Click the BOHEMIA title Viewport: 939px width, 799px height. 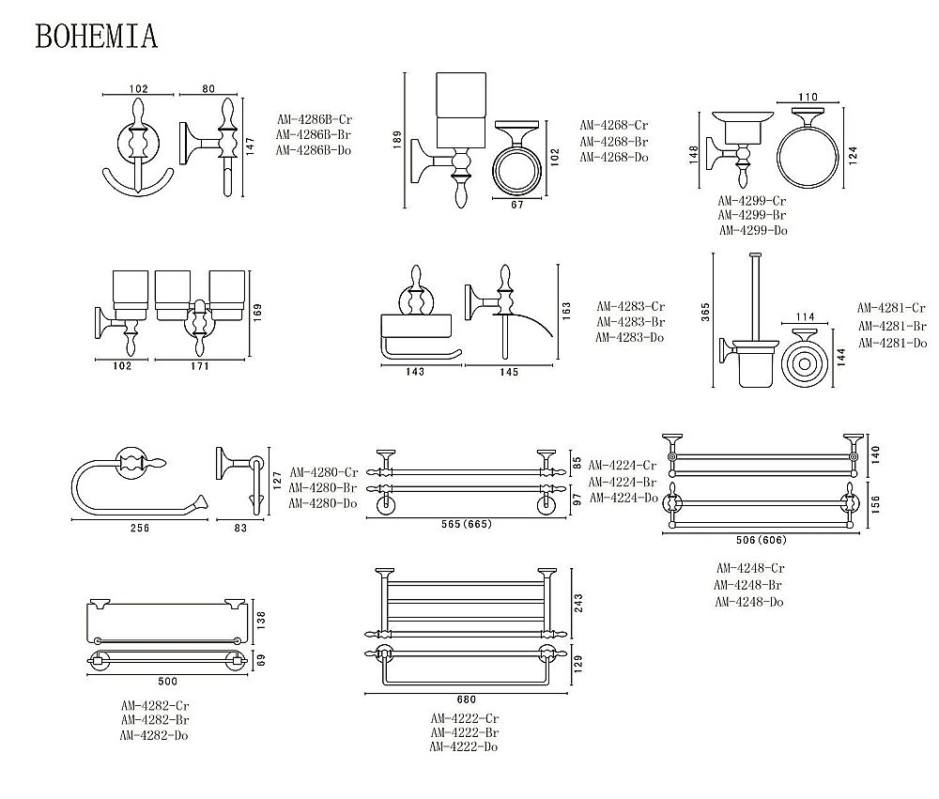click(96, 36)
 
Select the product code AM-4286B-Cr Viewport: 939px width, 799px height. click(314, 119)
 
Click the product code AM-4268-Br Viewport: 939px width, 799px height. click(614, 141)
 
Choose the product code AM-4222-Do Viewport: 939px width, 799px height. click(464, 746)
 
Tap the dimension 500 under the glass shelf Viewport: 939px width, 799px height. click(168, 681)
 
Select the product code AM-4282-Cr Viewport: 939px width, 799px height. click(155, 704)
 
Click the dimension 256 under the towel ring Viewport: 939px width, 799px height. click(139, 528)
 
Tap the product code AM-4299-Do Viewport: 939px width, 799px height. click(753, 230)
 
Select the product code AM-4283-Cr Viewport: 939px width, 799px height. click(631, 306)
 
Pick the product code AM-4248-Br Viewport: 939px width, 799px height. click(749, 585)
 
